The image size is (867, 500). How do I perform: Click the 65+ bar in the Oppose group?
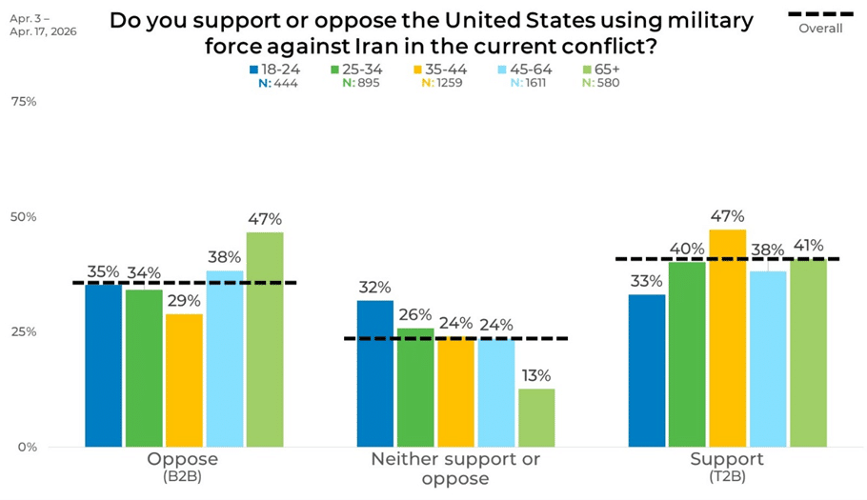click(265, 339)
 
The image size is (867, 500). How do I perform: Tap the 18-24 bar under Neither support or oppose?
click(375, 373)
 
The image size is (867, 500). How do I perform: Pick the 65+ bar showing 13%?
click(536, 417)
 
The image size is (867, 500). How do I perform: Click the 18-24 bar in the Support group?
click(648, 370)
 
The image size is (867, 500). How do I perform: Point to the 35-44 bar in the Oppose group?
click(184, 380)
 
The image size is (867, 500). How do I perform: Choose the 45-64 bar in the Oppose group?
click(225, 358)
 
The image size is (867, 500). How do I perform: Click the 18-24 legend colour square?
click(254, 70)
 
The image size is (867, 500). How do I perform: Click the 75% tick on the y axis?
click(24, 101)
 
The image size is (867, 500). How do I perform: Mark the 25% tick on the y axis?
click(24, 331)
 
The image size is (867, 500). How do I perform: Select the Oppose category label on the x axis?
click(183, 459)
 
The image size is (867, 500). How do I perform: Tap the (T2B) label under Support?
click(727, 475)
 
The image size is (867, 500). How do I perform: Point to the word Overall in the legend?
click(820, 29)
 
